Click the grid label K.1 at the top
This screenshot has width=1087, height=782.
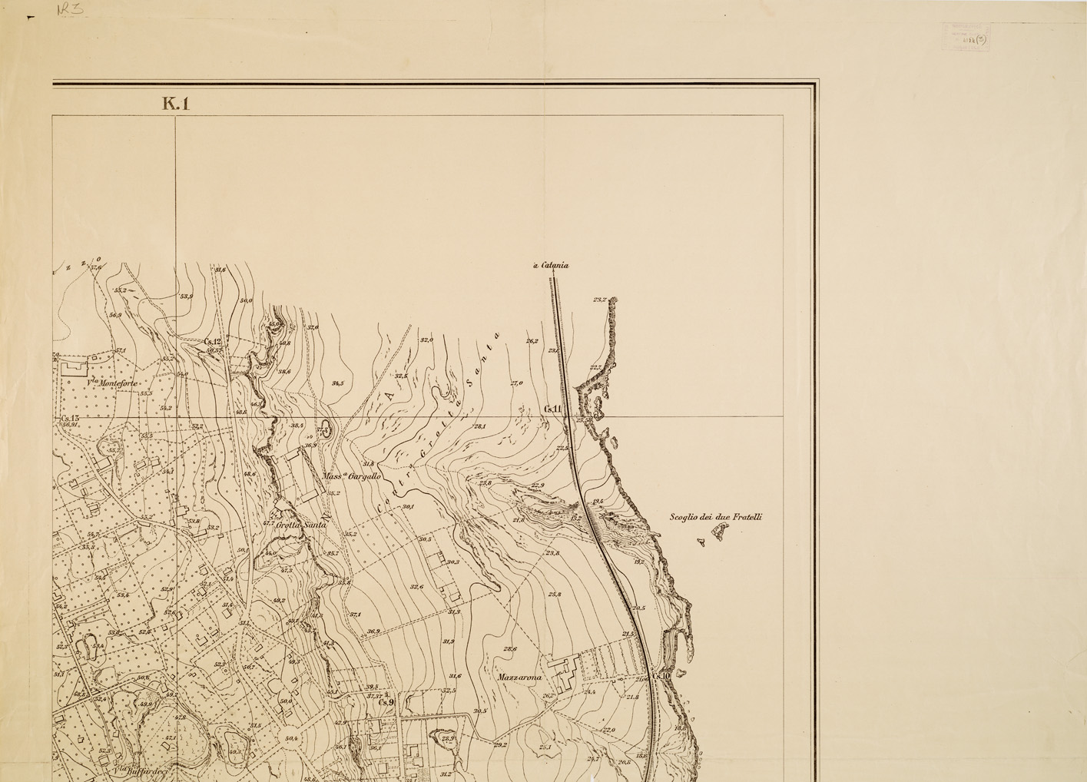[x=176, y=104]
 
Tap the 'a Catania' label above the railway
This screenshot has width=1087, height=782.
[x=551, y=266]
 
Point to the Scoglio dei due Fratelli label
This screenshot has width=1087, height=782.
[x=715, y=518]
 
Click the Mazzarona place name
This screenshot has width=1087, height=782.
[x=520, y=678]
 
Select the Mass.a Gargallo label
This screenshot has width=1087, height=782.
[x=352, y=476]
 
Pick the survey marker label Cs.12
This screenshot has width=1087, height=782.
[x=213, y=342]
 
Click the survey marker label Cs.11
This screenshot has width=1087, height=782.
[x=553, y=409]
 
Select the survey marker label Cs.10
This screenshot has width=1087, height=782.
[x=661, y=676]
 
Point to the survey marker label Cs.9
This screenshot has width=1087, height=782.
[x=386, y=701]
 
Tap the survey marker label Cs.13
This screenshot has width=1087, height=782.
[x=70, y=418]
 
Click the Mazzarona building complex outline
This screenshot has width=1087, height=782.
[x=567, y=671]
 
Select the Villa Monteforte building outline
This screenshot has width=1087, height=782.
[x=75, y=368]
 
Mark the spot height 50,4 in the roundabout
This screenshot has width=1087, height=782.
[x=291, y=738]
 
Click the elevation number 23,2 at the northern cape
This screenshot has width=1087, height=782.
[x=600, y=300]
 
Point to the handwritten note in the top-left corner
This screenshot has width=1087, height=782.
[x=71, y=10]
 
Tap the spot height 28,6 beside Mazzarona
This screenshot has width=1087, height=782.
[x=510, y=649]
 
